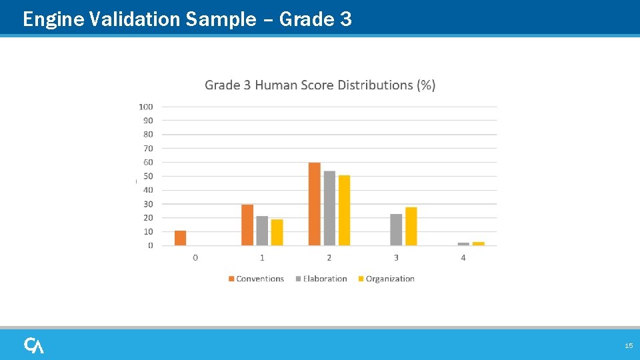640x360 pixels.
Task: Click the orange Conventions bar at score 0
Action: pos(180,238)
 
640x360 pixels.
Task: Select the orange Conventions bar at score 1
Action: pos(247,225)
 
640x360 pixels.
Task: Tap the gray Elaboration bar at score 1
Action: pos(262,231)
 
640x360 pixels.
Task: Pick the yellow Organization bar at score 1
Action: pos(277,233)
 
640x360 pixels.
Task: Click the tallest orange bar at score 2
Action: pos(315,204)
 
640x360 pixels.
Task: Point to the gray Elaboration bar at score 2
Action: pos(329,208)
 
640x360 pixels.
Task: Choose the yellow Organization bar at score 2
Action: pos(344,211)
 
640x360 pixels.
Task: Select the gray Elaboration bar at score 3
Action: pos(396,230)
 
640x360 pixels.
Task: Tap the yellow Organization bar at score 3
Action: pos(411,227)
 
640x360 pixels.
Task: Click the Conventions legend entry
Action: pos(256,279)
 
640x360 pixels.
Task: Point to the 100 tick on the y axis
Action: pos(146,107)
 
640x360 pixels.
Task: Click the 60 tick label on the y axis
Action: pos(148,162)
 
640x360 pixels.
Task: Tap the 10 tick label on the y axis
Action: pos(148,231)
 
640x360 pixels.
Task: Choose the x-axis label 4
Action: pos(463,258)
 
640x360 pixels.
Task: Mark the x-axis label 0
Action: pos(195,258)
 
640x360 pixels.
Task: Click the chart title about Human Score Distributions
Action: pos(320,85)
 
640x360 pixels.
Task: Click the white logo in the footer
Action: pos(34,345)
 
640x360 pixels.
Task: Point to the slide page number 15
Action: pos(628,346)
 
